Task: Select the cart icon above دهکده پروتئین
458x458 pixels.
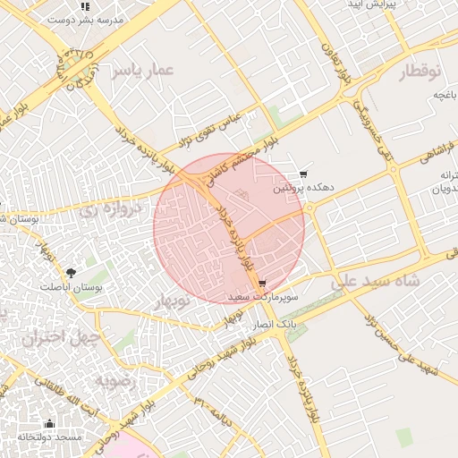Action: point(304,174)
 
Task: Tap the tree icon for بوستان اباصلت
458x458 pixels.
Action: point(71,272)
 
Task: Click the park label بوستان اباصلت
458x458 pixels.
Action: point(72,287)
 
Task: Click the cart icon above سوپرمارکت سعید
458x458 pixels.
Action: point(262,282)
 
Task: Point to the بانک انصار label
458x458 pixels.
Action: point(275,322)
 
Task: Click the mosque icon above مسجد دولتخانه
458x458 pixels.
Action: point(49,423)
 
